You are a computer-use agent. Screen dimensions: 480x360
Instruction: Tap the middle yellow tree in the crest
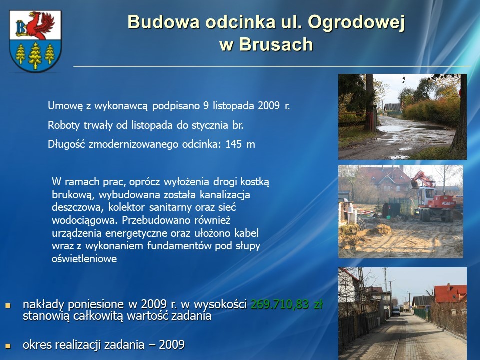pyautogui.click(x=35, y=55)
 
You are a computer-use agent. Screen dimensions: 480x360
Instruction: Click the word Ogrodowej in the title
pyautogui.click(x=356, y=23)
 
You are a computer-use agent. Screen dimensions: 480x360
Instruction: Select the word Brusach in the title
pyautogui.click(x=276, y=44)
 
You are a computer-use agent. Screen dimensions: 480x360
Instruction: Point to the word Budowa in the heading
pyautogui.click(x=164, y=22)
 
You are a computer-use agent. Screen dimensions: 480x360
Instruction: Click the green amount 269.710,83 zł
pyautogui.click(x=287, y=304)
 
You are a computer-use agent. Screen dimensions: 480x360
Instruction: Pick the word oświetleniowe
pyautogui.click(x=84, y=259)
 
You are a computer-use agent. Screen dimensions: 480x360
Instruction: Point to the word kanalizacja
pyautogui.click(x=225, y=195)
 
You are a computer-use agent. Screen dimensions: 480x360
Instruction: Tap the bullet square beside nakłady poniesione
pyautogui.click(x=8, y=305)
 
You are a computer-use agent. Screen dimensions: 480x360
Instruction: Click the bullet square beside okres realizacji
pyautogui.click(x=8, y=346)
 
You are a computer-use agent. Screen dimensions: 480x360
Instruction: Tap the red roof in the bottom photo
pyautogui.click(x=450, y=293)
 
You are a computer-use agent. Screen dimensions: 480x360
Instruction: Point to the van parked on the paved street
pyautogui.click(x=396, y=311)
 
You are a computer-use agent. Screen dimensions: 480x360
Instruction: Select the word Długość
pyautogui.click(x=66, y=144)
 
